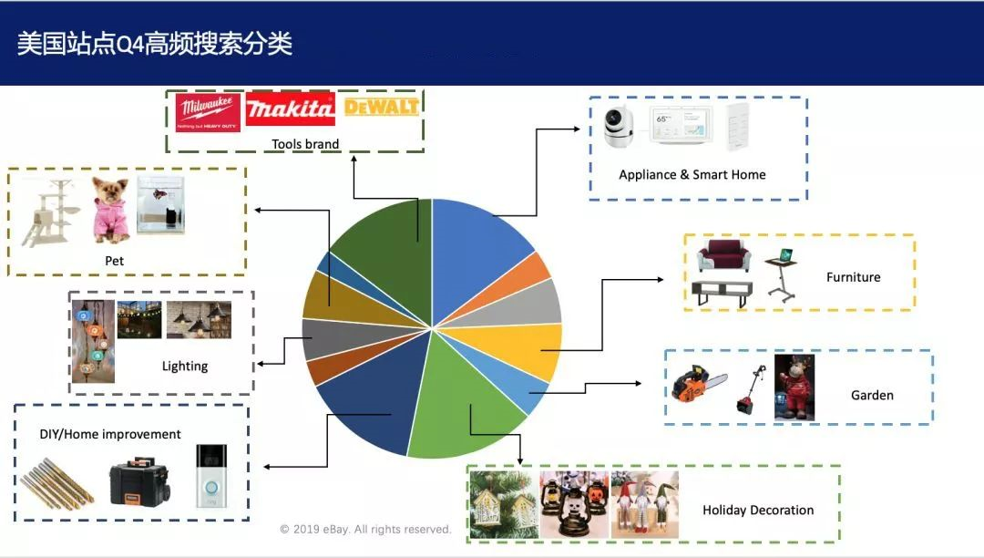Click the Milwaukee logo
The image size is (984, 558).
tap(208, 112)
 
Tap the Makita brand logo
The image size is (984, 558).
tap(290, 110)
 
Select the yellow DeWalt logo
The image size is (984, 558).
tap(381, 107)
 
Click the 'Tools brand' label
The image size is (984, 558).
tap(305, 144)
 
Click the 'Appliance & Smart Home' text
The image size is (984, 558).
tap(692, 174)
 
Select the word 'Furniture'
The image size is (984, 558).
tap(853, 277)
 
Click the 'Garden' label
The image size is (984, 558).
tap(872, 395)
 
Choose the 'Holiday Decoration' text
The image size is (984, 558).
tap(758, 510)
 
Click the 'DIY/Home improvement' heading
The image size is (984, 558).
tap(110, 434)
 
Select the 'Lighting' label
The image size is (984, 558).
tap(185, 366)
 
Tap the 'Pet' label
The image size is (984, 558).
tap(114, 261)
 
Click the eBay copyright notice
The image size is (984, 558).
tap(365, 529)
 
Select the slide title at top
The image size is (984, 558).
tap(155, 44)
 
